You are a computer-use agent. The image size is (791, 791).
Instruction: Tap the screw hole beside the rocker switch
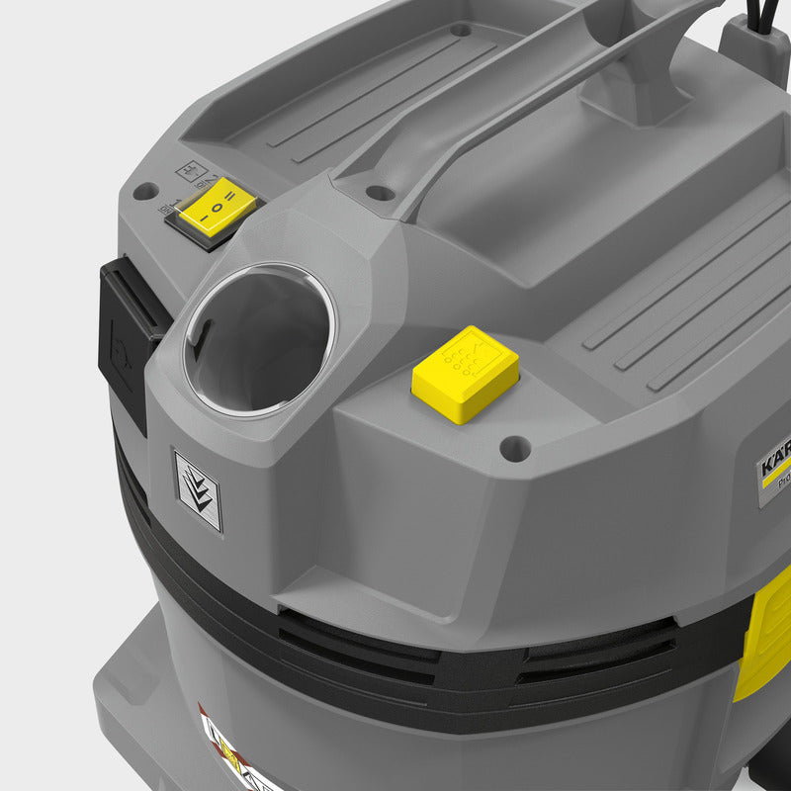(144, 191)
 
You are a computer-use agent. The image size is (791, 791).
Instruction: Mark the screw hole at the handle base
(379, 193)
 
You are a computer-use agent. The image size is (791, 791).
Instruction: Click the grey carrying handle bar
(494, 99)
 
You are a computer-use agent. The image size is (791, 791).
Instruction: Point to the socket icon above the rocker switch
(190, 170)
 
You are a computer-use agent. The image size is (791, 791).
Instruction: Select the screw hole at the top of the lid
(461, 30)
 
